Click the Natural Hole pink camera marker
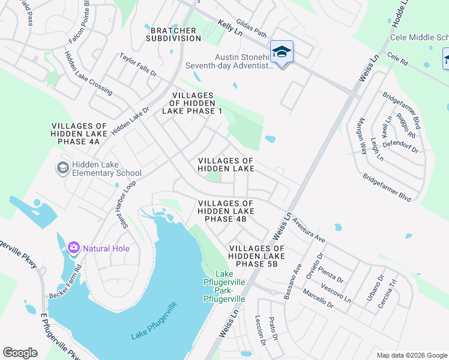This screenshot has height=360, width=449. tap(73, 247)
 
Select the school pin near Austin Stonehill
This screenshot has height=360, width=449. tap(282, 52)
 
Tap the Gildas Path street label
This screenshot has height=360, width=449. tap(250, 24)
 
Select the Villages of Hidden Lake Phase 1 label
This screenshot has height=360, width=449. tap(192, 103)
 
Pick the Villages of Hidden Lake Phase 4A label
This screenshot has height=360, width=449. tap(79, 134)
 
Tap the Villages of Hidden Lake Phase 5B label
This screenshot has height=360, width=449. tap(256, 256)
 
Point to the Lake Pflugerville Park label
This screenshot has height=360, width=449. tap(224, 286)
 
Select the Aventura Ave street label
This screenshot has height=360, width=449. tap(309, 229)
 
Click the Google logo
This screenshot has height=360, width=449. tap(20, 353)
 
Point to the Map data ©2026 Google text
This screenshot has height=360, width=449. tap(411, 355)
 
